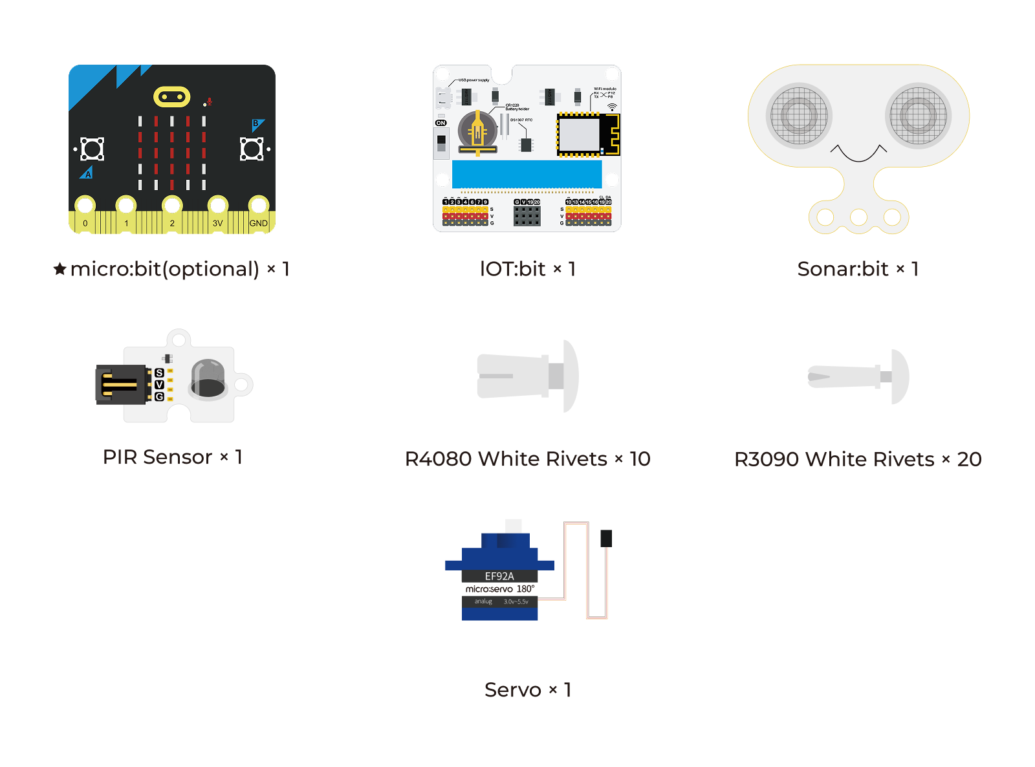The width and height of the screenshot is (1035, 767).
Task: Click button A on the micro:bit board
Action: (91, 149)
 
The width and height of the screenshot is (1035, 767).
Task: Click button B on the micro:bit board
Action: (252, 149)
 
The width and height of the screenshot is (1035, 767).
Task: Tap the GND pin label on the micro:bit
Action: (258, 223)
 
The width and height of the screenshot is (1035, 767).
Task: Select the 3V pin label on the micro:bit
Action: (217, 223)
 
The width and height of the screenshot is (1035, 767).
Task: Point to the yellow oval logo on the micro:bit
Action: (171, 97)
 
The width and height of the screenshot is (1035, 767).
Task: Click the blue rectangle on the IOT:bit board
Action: (527, 174)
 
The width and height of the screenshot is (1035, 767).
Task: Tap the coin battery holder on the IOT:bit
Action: (477, 132)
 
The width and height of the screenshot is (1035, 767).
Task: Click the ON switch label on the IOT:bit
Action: (441, 123)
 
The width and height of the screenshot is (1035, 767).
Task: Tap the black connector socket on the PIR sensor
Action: (121, 385)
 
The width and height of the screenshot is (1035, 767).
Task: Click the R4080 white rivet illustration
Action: (527, 376)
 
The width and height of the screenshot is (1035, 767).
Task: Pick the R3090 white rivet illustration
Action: (858, 376)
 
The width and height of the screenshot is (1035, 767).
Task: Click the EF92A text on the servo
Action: (499, 576)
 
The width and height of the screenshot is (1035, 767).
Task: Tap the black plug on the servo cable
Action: (606, 538)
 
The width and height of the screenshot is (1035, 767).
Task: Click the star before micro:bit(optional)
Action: (60, 268)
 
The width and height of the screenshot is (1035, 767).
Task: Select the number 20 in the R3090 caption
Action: (969, 459)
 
